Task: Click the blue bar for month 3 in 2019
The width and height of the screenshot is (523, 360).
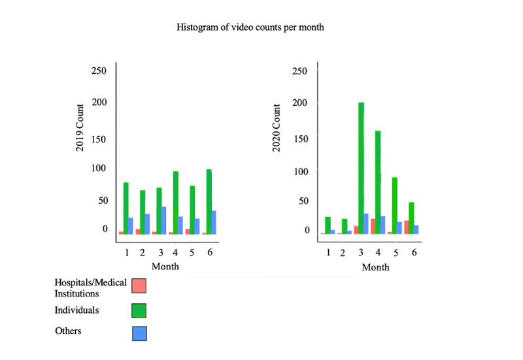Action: [163, 220]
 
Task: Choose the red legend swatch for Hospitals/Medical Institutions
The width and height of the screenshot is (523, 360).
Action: [139, 286]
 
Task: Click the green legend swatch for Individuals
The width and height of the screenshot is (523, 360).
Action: [139, 310]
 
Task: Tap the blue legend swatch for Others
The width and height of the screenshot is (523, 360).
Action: [139, 333]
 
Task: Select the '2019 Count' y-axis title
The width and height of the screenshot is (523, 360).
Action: [80, 128]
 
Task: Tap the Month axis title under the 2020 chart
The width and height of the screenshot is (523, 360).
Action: [375, 267]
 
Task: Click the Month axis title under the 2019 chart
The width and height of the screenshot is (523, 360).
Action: [165, 266]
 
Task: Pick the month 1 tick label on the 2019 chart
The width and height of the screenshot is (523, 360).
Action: [126, 252]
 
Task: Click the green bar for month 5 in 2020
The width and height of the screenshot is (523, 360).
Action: [395, 205]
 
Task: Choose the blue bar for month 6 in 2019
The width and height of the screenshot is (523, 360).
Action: [214, 222]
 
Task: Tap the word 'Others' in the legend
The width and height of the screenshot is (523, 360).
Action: [69, 331]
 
